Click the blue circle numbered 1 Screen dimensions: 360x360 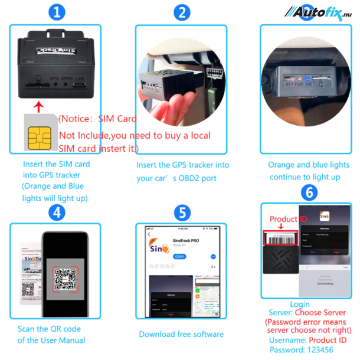pyautogui.click(x=56, y=12)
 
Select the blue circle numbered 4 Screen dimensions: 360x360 pyautogui.click(x=57, y=211)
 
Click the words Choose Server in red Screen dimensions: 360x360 pyautogui.click(x=320, y=313)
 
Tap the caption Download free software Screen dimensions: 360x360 pyautogui.click(x=181, y=334)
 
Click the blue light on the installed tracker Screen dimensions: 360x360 pyautogui.click(x=300, y=78)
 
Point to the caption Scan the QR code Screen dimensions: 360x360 pyautogui.click(x=49, y=329)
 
